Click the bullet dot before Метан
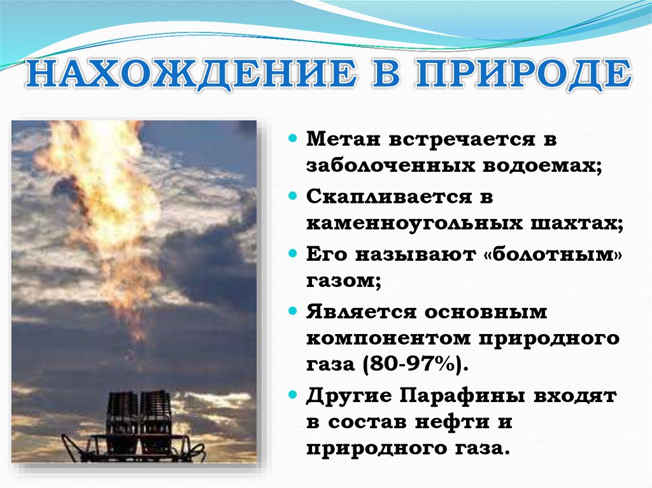(x=293, y=138)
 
